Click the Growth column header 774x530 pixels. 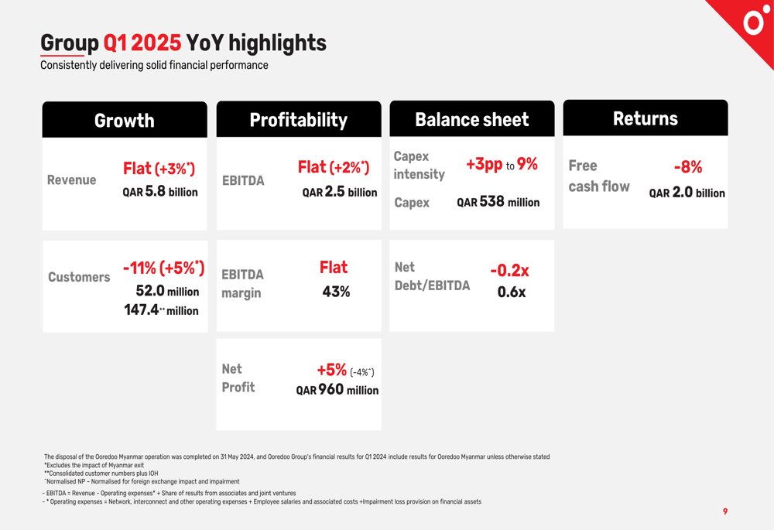click(125, 121)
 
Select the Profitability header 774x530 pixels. click(299, 120)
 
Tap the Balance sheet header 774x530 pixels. click(472, 119)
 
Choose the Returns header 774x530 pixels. click(646, 118)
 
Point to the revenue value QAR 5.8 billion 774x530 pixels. click(160, 191)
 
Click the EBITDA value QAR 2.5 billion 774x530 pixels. click(340, 191)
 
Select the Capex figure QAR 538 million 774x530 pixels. click(498, 202)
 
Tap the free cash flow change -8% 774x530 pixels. click(688, 167)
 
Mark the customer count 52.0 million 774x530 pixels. click(167, 291)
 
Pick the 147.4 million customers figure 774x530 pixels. click(161, 310)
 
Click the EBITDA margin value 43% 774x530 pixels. click(336, 292)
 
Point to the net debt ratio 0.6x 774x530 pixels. click(512, 292)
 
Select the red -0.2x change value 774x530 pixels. click(509, 271)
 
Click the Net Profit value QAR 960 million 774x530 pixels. click(337, 390)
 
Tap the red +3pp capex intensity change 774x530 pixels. click(485, 164)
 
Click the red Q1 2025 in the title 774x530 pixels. click(142, 43)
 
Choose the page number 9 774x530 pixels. click(725, 511)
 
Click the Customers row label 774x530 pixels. click(79, 277)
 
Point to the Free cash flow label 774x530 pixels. click(599, 176)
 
